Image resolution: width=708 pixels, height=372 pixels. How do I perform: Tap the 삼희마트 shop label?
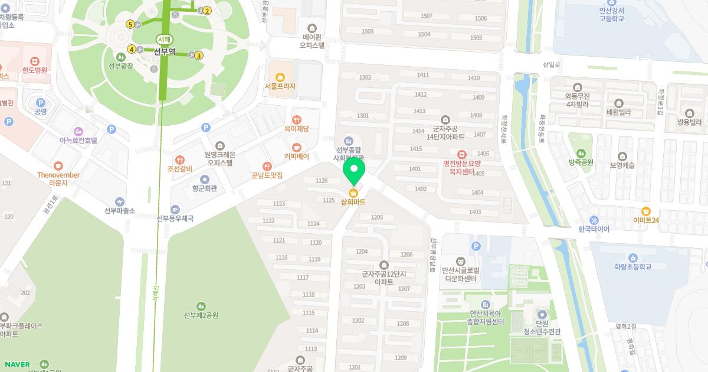coord(353,202)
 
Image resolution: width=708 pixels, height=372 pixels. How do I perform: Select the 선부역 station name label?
coord(165,51)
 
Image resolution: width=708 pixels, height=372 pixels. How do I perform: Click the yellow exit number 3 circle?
coord(199,56)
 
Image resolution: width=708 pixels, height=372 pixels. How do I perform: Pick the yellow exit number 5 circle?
coord(130,24)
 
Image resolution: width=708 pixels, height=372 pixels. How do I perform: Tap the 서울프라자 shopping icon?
coord(280,77)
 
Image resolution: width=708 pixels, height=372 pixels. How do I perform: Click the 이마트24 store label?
coord(646,220)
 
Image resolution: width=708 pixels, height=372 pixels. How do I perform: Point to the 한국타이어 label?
coord(594,229)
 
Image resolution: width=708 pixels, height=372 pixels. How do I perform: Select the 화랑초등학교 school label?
coord(632,267)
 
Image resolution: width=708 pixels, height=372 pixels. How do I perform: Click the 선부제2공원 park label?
coord(201,315)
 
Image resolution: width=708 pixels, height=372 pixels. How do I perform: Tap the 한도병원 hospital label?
coord(35,70)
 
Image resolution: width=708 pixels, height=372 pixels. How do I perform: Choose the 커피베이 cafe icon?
coord(296,147)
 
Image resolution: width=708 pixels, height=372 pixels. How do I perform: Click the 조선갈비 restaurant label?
coord(180,169)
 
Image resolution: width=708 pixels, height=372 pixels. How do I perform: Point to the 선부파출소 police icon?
coord(120,202)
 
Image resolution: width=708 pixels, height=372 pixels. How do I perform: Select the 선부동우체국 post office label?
coord(175,218)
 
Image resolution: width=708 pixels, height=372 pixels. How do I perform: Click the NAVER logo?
coord(17,364)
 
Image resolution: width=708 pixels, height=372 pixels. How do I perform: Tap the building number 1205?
coord(377,217)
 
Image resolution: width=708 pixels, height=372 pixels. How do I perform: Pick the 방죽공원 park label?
coord(581,162)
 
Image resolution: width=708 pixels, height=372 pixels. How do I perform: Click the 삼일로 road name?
coord(551,64)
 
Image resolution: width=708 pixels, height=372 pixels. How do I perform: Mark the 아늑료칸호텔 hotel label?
coord(78,141)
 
